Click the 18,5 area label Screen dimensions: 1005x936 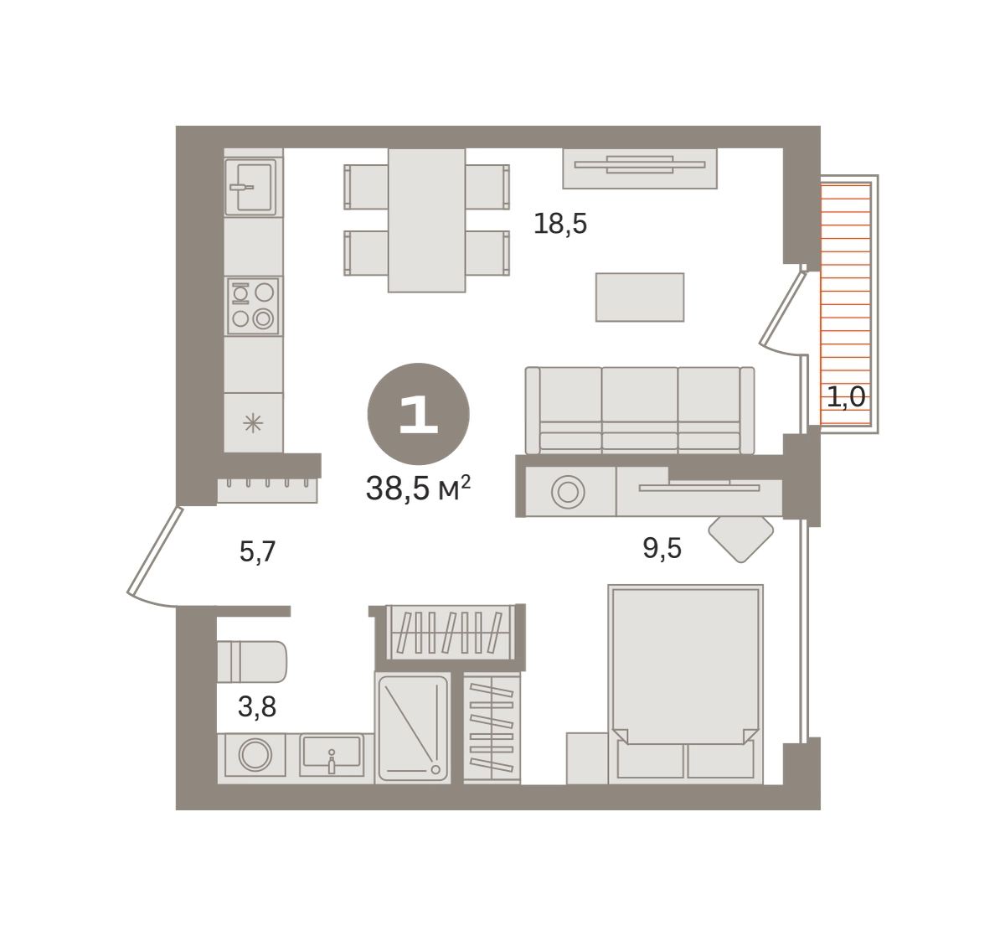[560, 224]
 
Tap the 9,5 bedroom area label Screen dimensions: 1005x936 [662, 549]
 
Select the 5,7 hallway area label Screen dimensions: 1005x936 [257, 551]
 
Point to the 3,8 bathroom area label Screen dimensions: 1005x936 [257, 707]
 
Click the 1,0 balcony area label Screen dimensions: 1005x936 [846, 396]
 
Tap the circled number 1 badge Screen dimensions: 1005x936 [419, 414]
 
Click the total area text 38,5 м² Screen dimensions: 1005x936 [418, 489]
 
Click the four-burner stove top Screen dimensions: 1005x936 [253, 305]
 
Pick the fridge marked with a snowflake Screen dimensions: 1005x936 [254, 422]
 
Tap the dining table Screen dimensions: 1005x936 [426, 220]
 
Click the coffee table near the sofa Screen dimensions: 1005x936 [640, 297]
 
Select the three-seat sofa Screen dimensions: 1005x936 [640, 411]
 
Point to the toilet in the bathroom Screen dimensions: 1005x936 [252, 661]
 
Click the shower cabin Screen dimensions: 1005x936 [413, 728]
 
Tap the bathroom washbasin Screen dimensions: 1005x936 [332, 754]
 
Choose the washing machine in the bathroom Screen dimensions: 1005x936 [255, 755]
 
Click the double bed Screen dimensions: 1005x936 [686, 685]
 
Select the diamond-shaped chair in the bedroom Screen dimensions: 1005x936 [741, 539]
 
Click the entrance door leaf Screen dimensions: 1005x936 [154, 550]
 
